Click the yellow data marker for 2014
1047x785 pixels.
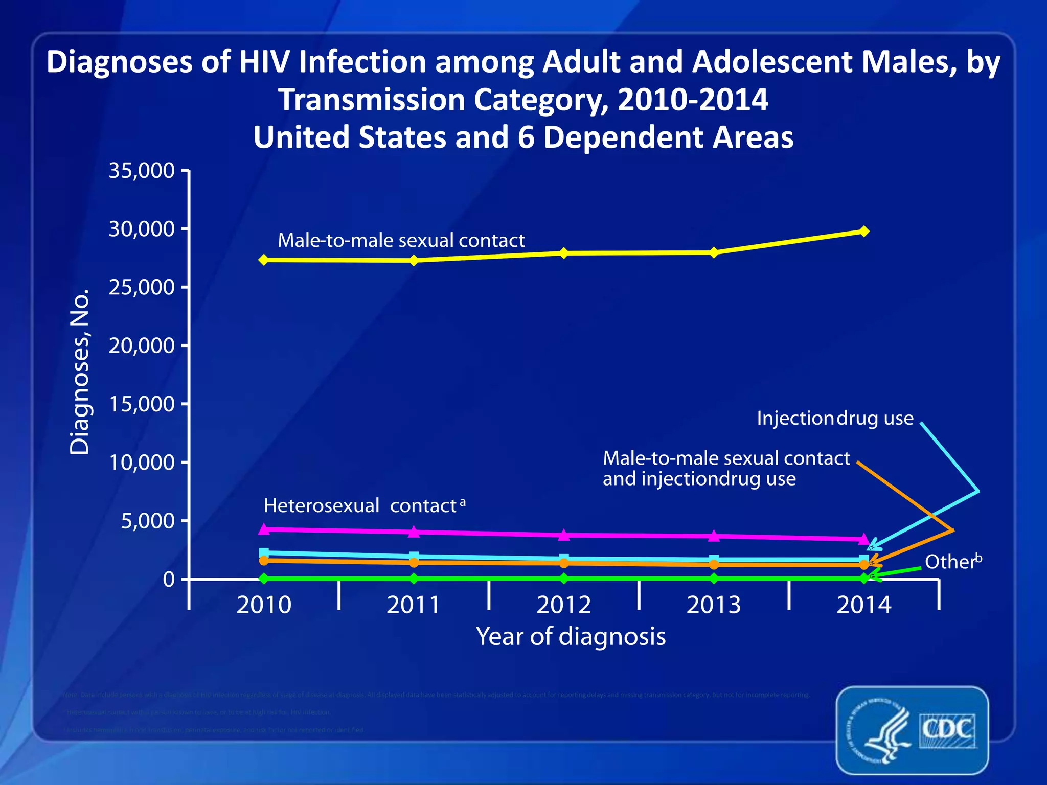point(864,231)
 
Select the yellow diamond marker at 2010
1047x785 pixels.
point(264,260)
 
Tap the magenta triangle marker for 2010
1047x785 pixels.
point(264,528)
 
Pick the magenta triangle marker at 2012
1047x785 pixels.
point(564,535)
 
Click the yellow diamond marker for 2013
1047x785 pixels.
point(714,252)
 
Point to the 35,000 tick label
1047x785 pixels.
point(142,170)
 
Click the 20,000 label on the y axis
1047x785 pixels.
point(142,346)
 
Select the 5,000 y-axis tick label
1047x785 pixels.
point(148,521)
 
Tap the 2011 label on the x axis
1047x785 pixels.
point(413,605)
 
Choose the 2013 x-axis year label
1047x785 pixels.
point(714,605)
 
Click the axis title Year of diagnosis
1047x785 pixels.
point(571,636)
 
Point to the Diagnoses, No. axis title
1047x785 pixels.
point(80,372)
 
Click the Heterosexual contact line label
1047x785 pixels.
point(360,505)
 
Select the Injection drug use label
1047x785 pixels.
point(834,418)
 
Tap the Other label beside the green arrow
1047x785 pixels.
point(950,562)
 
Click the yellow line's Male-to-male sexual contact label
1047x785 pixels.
point(401,240)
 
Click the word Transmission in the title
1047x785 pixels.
point(372,99)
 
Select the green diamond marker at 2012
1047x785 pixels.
point(564,579)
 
